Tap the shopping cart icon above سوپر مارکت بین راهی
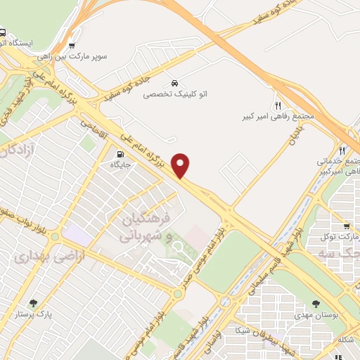coord(72,46)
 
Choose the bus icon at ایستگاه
coord(3,32)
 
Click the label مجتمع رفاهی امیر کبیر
coord(277,114)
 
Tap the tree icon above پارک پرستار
coord(33,304)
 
